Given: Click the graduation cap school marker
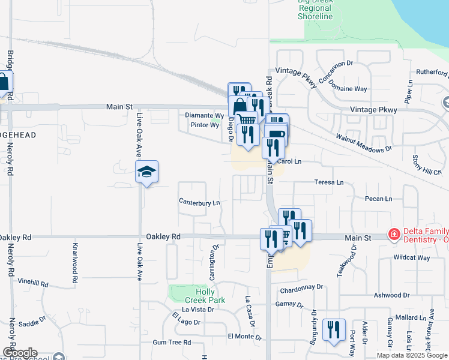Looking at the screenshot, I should [x=146, y=172].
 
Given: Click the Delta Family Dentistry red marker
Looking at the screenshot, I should [x=394, y=234].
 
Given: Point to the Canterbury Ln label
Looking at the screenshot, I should [x=199, y=203].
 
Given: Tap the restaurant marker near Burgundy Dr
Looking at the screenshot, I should [x=333, y=329].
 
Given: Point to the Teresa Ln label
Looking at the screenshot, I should [x=330, y=182].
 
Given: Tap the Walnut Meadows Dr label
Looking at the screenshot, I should [x=363, y=143].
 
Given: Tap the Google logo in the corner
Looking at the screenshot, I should [x=19, y=353].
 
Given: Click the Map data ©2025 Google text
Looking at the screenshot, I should [x=412, y=355].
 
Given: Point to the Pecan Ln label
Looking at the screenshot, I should [x=378, y=199].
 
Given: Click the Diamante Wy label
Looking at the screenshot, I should [x=204, y=115].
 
